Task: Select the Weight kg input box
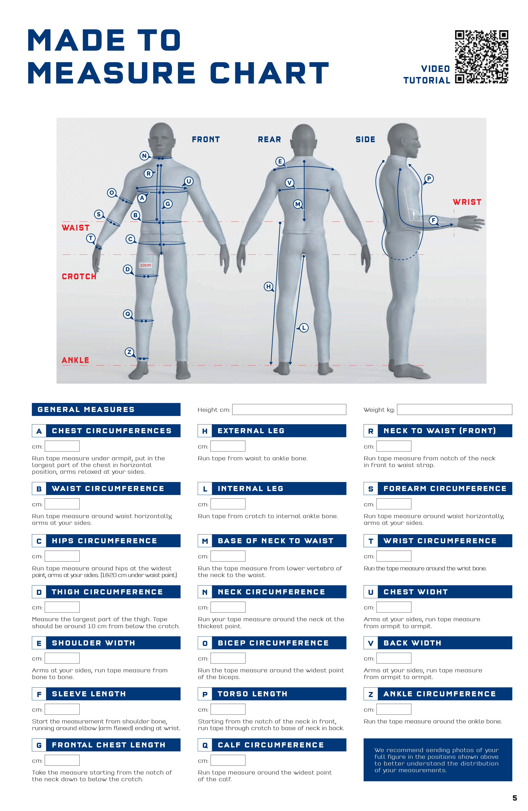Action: pyautogui.click(x=454, y=409)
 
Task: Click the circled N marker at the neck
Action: pyautogui.click(x=144, y=156)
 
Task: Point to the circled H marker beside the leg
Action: pyautogui.click(x=269, y=287)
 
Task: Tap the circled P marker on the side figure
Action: pyautogui.click(x=429, y=178)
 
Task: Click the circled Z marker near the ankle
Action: pyautogui.click(x=129, y=352)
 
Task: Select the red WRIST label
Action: pyautogui.click(x=467, y=202)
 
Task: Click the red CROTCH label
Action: pyautogui.click(x=79, y=276)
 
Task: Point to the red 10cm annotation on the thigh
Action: pyautogui.click(x=145, y=265)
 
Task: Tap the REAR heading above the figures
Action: pyautogui.click(x=269, y=139)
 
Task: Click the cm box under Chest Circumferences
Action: pyautogui.click(x=62, y=446)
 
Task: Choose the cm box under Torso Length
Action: pyautogui.click(x=228, y=709)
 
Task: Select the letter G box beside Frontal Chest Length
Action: pyautogui.click(x=39, y=745)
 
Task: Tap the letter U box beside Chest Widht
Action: pyautogui.click(x=371, y=592)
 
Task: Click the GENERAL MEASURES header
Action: pyautogui.click(x=106, y=409)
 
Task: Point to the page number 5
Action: pyautogui.click(x=515, y=798)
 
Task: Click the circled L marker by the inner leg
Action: pyautogui.click(x=303, y=328)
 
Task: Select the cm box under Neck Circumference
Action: pyautogui.click(x=228, y=607)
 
